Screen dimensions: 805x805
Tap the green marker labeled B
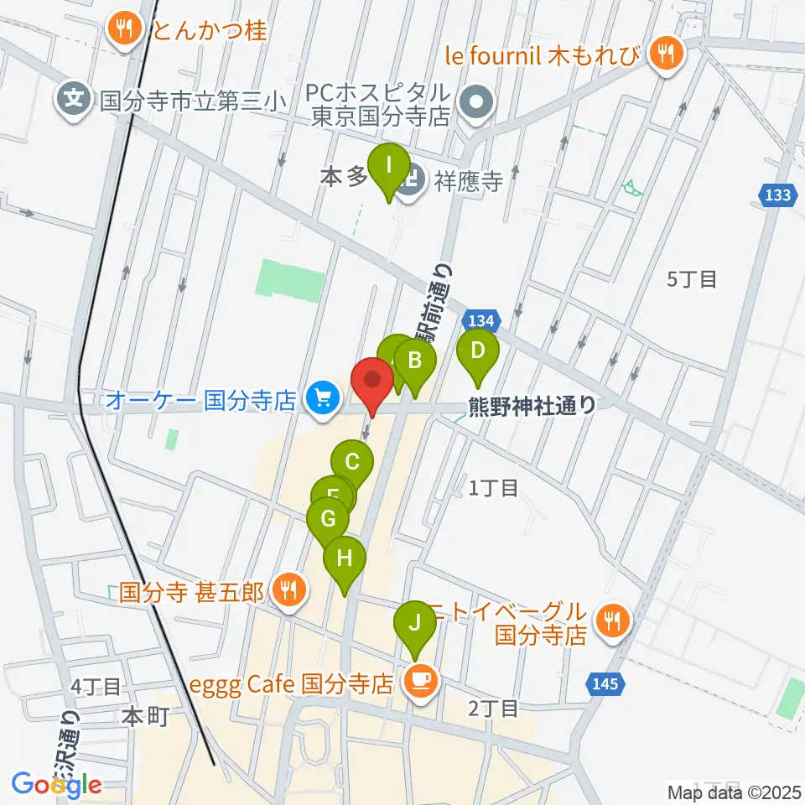[415, 361]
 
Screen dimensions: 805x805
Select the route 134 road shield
[480, 320]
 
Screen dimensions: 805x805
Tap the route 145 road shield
[607, 684]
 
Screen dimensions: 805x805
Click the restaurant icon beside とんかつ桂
[126, 30]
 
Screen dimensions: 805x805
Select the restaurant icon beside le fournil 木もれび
[667, 55]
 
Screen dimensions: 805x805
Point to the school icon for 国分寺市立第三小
[75, 101]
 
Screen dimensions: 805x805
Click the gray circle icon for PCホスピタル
[478, 102]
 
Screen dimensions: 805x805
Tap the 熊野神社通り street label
[532, 406]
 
